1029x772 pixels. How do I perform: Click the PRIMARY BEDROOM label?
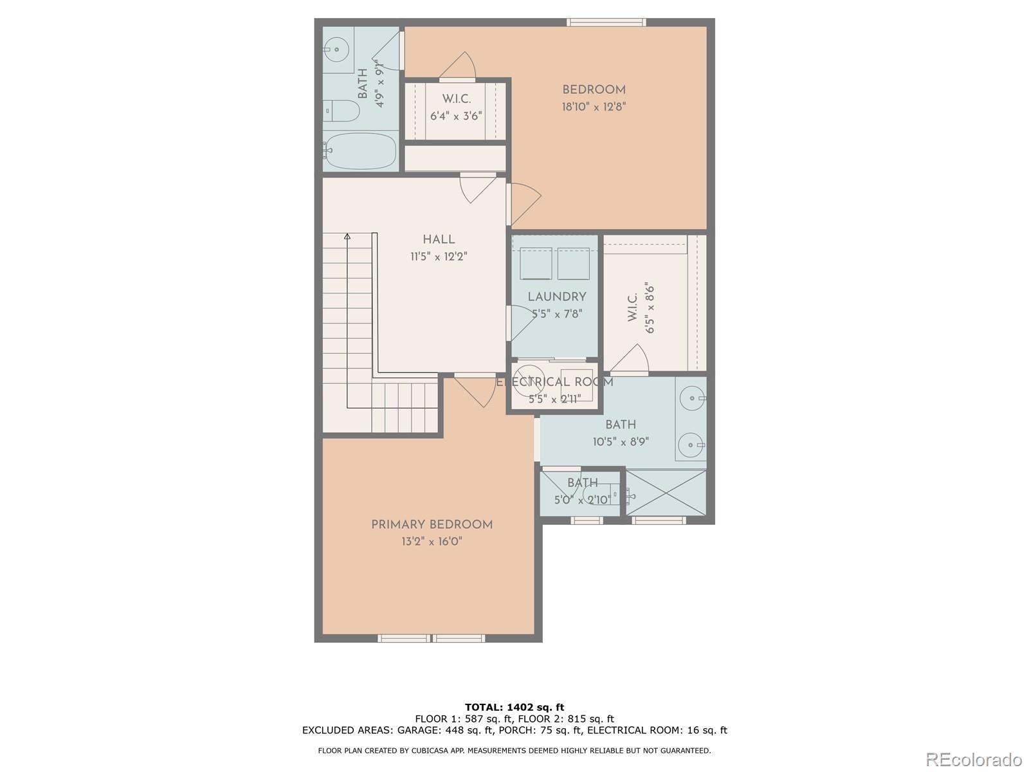coord(432,525)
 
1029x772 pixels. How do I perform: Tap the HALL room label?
coord(439,239)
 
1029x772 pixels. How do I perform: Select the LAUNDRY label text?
coord(557,297)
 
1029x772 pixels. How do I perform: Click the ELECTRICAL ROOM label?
coord(554,382)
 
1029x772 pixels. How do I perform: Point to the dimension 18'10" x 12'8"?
coord(594,107)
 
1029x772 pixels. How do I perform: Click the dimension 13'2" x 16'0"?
coord(432,542)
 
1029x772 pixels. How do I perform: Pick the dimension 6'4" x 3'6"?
coord(456,116)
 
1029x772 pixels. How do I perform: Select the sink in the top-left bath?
coord(336,49)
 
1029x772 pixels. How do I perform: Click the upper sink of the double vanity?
coord(691,398)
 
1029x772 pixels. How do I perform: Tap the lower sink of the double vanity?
coord(691,444)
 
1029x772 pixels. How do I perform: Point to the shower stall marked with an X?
coord(666,493)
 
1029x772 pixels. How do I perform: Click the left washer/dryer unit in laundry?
coord(536,263)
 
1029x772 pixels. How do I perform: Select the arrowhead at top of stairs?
coord(347,237)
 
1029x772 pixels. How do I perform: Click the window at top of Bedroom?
coord(606,23)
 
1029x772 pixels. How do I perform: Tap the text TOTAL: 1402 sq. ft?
coord(514,707)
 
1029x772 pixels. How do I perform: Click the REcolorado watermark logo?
coord(973,759)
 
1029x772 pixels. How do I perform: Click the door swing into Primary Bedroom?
coord(476,391)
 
